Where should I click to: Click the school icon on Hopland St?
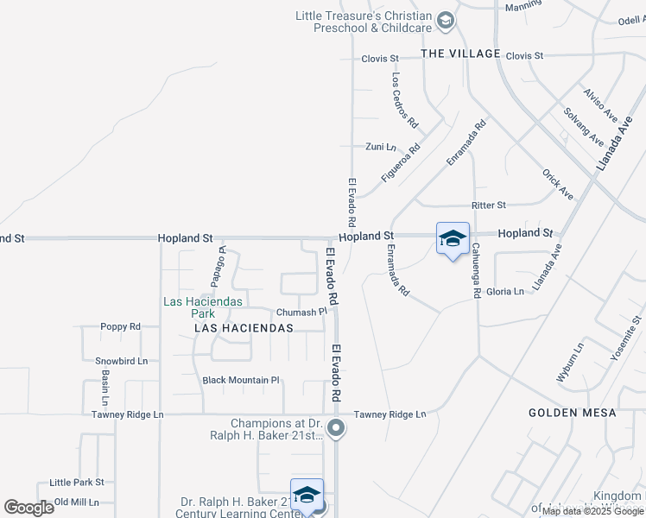point(453,240)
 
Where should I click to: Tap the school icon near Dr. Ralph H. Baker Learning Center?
point(307,496)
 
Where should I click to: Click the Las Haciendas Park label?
point(204,307)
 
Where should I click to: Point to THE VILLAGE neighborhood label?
point(460,54)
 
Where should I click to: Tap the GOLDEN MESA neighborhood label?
point(573,414)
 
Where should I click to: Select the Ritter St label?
point(488,205)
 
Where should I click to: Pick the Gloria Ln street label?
point(505,292)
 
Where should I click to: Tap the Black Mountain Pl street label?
point(241,380)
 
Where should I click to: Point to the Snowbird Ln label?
point(122,361)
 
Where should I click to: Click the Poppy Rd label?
point(121,327)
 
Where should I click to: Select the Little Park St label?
point(77,483)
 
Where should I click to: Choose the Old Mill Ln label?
point(77,502)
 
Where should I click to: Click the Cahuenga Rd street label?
point(476,270)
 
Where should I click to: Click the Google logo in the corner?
point(29,507)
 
